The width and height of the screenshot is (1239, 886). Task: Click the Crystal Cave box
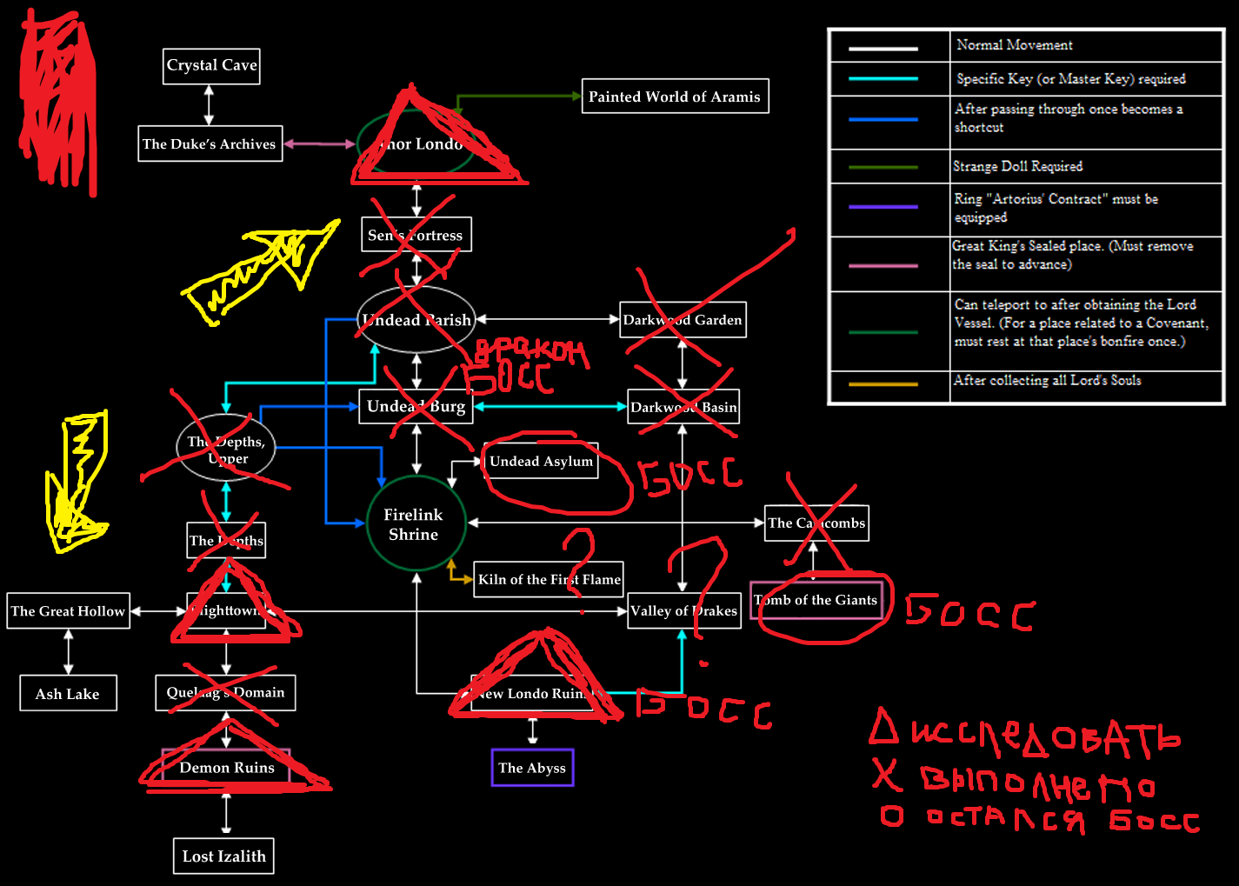pyautogui.click(x=211, y=66)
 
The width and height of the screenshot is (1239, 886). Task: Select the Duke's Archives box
pyautogui.click(x=210, y=144)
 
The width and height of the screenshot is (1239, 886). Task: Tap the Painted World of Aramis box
pyautogui.click(x=675, y=97)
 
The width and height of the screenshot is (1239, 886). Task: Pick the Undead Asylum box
pyautogui.click(x=541, y=461)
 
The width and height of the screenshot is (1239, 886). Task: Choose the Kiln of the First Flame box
pyautogui.click(x=549, y=579)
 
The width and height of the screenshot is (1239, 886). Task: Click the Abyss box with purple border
pyautogui.click(x=532, y=768)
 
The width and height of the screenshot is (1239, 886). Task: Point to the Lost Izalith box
pyautogui.click(x=223, y=856)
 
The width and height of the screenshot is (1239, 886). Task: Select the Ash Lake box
pyautogui.click(x=68, y=694)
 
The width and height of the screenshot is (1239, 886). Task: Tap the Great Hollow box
pyautogui.click(x=68, y=611)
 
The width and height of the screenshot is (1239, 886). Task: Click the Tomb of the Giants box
pyautogui.click(x=816, y=600)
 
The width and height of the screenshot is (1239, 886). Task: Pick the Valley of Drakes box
pyautogui.click(x=683, y=611)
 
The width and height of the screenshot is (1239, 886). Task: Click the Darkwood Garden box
pyautogui.click(x=683, y=320)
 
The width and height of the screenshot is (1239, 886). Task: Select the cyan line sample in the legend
pyautogui.click(x=883, y=79)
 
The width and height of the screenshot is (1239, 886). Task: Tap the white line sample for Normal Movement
pyautogui.click(x=883, y=49)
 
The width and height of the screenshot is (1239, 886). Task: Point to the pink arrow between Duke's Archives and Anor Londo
pyautogui.click(x=319, y=144)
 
